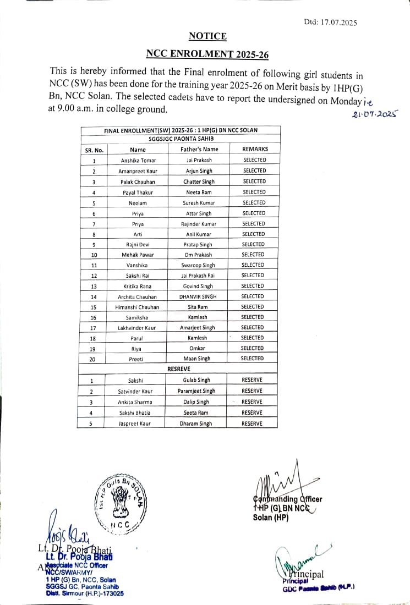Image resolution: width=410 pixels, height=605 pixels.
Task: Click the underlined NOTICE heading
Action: click(207, 36)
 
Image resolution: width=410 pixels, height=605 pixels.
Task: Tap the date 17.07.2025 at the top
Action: click(338, 23)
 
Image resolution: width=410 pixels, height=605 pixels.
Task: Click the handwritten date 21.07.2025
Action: click(375, 114)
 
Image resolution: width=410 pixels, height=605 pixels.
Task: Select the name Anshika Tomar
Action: click(138, 161)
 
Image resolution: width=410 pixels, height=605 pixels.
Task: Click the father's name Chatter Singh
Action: click(199, 182)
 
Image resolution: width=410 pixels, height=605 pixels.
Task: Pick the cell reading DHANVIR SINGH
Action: click(198, 296)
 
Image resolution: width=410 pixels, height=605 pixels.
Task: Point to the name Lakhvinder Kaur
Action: click(137, 328)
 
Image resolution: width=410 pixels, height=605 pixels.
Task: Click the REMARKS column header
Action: click(255, 149)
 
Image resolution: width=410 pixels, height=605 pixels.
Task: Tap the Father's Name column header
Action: click(199, 149)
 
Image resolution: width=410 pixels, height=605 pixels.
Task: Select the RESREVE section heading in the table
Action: click(179, 369)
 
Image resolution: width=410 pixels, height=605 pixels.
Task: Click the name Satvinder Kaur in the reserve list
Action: click(135, 391)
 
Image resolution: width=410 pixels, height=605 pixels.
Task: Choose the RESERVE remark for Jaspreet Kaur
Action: click(252, 424)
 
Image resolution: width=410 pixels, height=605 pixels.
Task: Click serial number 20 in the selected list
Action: click(94, 359)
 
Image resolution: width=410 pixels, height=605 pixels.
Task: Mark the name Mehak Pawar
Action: click(138, 255)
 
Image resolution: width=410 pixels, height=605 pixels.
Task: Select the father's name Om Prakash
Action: click(199, 255)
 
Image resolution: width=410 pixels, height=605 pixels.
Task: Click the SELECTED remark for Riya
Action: click(253, 348)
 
